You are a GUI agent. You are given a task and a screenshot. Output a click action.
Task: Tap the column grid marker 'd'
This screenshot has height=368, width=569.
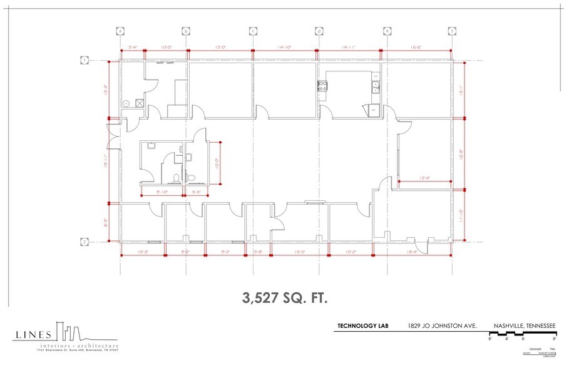pyautogui.click(x=319, y=31)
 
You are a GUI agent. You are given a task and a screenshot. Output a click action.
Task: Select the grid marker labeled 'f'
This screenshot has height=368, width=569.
pyautogui.click(x=451, y=31)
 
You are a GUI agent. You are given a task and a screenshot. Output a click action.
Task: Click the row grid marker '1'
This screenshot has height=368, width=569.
pyautogui.click(x=83, y=61)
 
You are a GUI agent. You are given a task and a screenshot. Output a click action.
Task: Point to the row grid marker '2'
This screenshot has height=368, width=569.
pyautogui.click(x=83, y=242)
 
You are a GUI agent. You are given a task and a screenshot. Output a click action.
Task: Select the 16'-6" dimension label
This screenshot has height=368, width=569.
pyautogui.click(x=417, y=47)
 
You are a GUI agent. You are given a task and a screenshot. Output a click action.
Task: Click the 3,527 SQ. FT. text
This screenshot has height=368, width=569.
pyautogui.click(x=284, y=297)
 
